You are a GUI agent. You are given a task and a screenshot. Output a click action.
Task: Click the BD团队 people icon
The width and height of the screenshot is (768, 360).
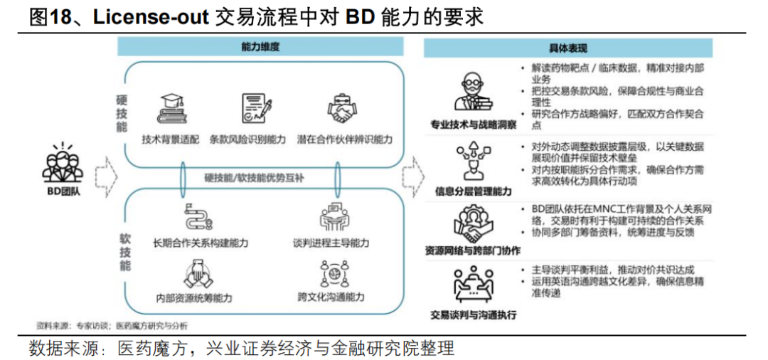coord(63,162)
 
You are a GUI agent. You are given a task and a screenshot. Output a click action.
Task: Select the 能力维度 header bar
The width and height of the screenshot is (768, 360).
coord(260,48)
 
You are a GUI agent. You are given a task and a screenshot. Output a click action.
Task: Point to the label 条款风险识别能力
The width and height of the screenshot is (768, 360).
coord(248,139)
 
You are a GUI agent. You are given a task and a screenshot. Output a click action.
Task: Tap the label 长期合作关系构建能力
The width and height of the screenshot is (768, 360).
coord(200,243)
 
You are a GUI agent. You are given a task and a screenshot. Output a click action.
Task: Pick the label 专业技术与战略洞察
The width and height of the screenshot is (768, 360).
coord(473,125)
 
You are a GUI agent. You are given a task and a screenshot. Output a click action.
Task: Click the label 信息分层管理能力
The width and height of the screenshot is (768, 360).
coord(473,191)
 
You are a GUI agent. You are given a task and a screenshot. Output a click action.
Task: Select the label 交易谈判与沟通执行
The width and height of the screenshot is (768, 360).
coord(473,314)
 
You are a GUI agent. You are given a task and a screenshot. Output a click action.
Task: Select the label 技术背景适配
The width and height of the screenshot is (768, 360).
coord(171,139)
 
